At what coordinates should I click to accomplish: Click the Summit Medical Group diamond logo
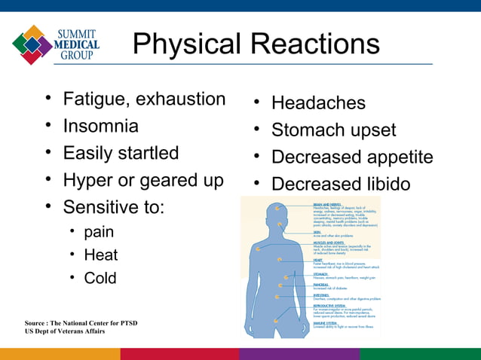(32, 44)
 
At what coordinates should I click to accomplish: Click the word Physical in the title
(183, 45)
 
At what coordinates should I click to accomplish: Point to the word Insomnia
(100, 126)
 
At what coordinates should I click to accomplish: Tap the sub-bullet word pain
(99, 231)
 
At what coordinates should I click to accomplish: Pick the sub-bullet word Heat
(100, 255)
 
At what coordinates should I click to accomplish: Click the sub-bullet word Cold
(100, 278)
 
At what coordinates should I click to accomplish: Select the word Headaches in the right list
(318, 103)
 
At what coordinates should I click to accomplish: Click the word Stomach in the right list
(309, 130)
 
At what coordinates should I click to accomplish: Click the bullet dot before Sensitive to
(47, 206)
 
